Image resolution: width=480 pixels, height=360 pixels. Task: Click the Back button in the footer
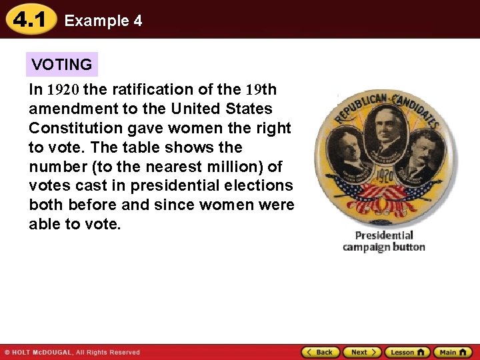tap(321, 352)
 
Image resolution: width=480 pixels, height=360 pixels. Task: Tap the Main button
tap(453, 352)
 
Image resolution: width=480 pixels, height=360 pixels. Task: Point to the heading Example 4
tap(103, 21)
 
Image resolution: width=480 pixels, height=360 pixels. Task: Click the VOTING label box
tap(62, 65)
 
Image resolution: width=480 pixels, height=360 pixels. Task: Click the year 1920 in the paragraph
tap(63, 89)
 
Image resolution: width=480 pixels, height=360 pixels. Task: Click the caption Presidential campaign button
tap(384, 241)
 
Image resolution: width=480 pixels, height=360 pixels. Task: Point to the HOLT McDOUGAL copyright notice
tap(72, 352)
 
